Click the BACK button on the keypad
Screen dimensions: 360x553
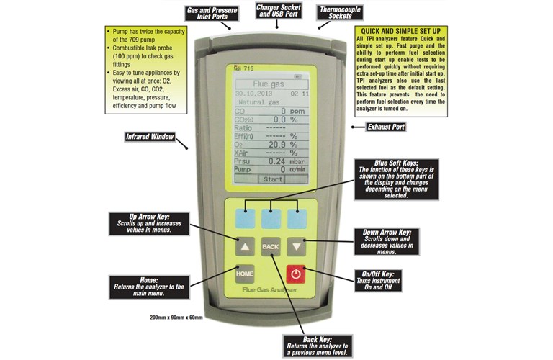coord(271,246)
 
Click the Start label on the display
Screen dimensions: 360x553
coord(272,178)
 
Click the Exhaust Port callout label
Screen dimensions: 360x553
coord(386,127)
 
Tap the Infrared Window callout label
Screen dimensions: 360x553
coord(149,135)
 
